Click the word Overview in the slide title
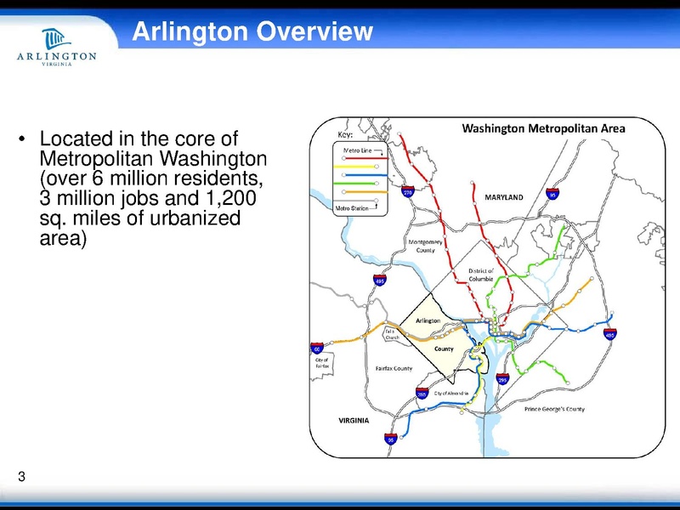pyautogui.click(x=315, y=32)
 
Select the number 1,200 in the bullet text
pyautogui.click(x=229, y=199)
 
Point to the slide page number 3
pyautogui.click(x=21, y=477)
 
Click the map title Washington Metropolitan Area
pyautogui.click(x=543, y=129)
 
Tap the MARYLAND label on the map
pyautogui.click(x=503, y=197)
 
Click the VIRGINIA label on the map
pyautogui.click(x=354, y=422)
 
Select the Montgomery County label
pyautogui.click(x=427, y=246)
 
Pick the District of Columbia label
pyautogui.click(x=481, y=275)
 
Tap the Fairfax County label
pyautogui.click(x=394, y=369)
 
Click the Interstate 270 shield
pyautogui.click(x=408, y=194)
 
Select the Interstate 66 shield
pyautogui.click(x=317, y=348)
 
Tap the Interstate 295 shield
pyautogui.click(x=502, y=380)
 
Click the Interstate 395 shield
pyautogui.click(x=422, y=394)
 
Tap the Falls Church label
pyautogui.click(x=392, y=334)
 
